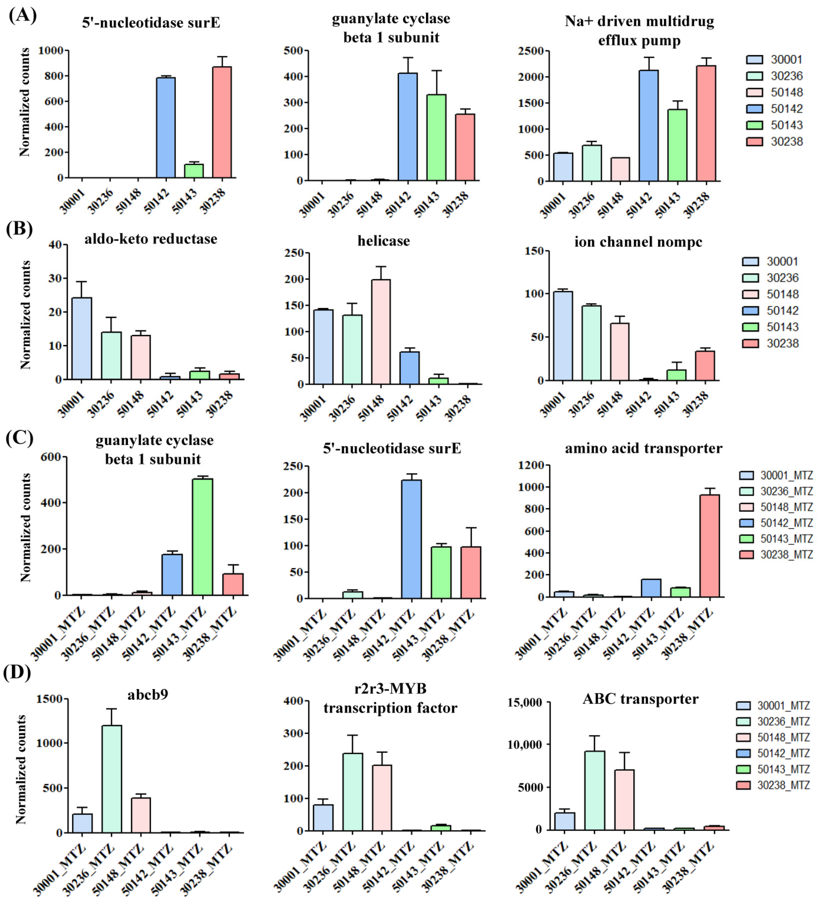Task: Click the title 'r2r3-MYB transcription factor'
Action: (x=390, y=698)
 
